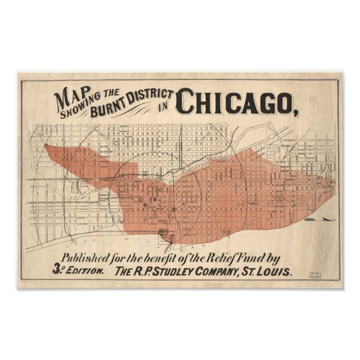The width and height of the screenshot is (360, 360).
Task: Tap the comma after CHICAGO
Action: (292, 110)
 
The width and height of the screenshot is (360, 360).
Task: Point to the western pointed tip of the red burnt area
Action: (45, 148)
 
